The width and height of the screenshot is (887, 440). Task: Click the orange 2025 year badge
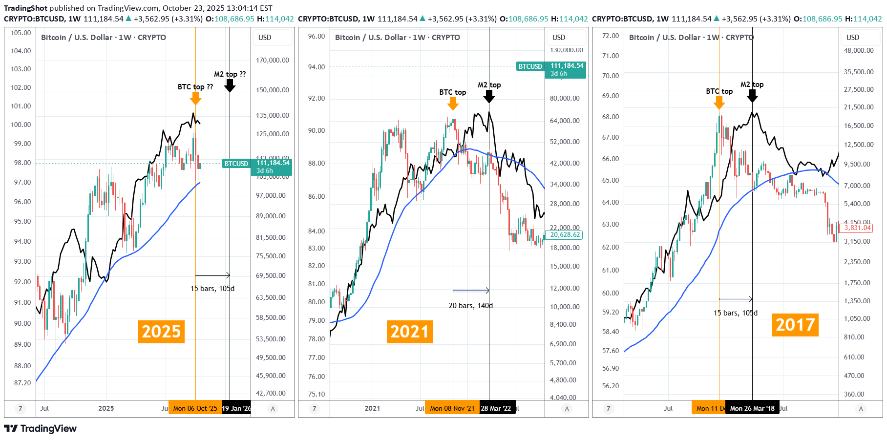(x=161, y=332)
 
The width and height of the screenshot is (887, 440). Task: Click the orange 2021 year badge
(x=409, y=332)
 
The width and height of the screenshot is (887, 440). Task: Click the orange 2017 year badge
(x=795, y=325)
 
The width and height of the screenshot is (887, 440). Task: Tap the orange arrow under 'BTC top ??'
(x=195, y=98)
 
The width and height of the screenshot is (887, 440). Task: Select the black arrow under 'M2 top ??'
(x=230, y=86)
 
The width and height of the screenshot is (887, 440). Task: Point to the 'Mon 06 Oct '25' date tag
(x=195, y=408)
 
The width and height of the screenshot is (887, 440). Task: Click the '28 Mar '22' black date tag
(x=496, y=408)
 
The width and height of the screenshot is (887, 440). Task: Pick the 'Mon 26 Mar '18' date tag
(x=752, y=408)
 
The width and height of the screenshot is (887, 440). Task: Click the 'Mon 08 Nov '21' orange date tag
(x=452, y=408)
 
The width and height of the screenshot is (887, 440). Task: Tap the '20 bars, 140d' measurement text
(x=470, y=306)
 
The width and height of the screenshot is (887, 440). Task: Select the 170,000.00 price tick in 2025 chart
(x=273, y=60)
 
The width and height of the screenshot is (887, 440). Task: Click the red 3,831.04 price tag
(x=857, y=228)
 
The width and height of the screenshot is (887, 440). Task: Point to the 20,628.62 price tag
(x=565, y=235)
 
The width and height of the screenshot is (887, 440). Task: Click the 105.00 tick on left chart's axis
(x=21, y=33)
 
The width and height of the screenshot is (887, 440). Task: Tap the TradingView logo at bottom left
(x=41, y=428)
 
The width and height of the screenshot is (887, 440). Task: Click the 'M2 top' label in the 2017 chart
(x=752, y=84)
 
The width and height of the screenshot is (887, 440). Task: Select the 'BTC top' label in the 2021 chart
(x=452, y=92)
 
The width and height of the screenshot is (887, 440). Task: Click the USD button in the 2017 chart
(x=853, y=38)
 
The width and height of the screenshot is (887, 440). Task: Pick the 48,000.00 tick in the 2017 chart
(x=859, y=50)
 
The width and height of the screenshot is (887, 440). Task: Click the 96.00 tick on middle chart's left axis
(x=316, y=36)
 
